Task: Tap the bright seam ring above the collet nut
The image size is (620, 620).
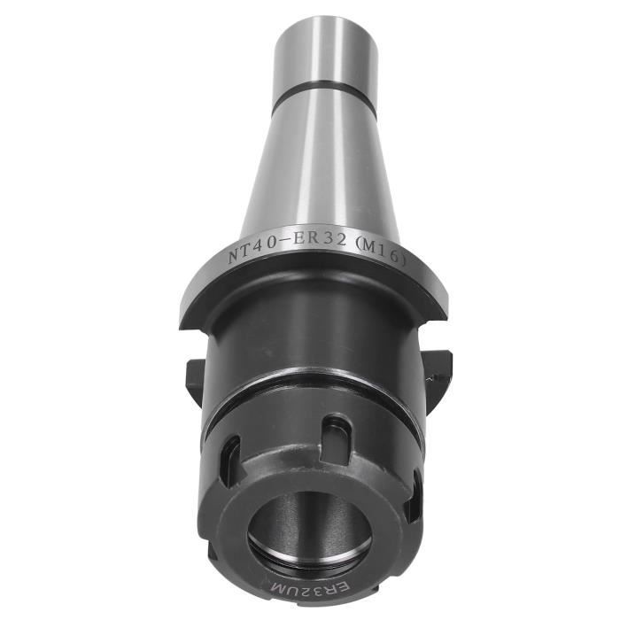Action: click(310, 391)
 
